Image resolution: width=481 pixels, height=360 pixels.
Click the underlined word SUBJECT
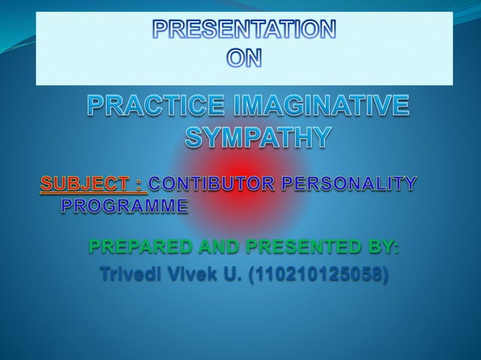click(84, 183)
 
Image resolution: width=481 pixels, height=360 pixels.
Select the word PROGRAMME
click(124, 205)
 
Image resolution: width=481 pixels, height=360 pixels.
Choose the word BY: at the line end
click(385, 247)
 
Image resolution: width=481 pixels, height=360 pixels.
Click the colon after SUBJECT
click(139, 183)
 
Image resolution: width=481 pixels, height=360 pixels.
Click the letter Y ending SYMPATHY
click(319, 139)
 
